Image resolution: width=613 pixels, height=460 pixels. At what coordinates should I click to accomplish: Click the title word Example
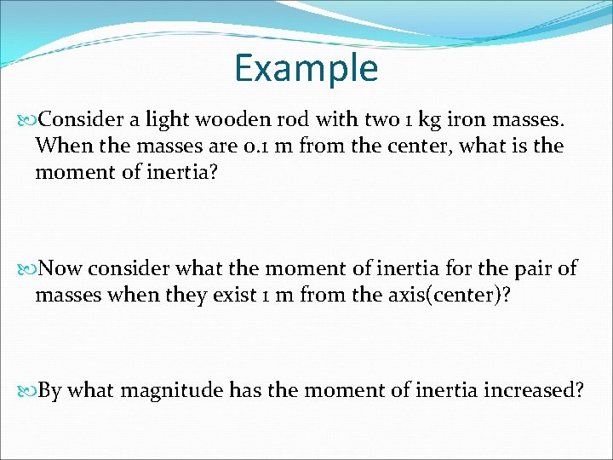tap(306, 68)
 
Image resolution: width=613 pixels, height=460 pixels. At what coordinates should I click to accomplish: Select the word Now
tap(60, 269)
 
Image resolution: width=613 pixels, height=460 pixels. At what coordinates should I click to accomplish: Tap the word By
tap(50, 391)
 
